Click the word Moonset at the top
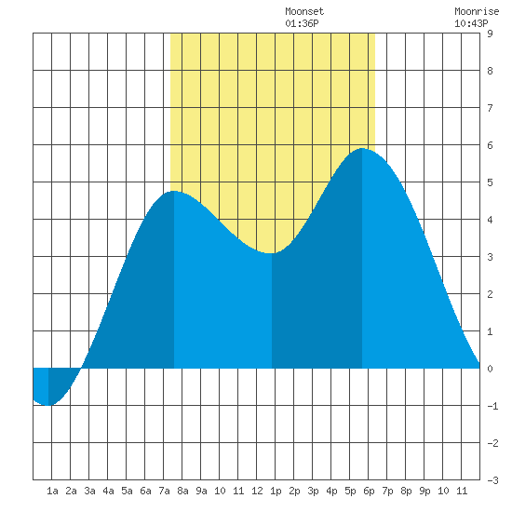click(304, 11)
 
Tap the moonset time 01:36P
click(302, 23)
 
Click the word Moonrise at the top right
click(477, 11)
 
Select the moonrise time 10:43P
click(471, 23)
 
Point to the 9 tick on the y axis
click(490, 34)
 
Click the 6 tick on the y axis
click(490, 145)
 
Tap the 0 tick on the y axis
click(490, 369)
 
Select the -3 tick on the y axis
click(492, 480)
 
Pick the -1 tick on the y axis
click(492, 406)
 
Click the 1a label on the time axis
click(52, 491)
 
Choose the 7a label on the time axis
click(164, 491)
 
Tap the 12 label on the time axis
click(257, 491)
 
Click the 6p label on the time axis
click(369, 491)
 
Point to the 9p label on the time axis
click(424, 491)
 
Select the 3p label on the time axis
click(313, 491)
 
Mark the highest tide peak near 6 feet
click(362, 148)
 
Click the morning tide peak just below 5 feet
click(174, 191)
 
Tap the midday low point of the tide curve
click(271, 253)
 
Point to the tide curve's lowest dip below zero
click(48, 405)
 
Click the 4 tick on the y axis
click(490, 220)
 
